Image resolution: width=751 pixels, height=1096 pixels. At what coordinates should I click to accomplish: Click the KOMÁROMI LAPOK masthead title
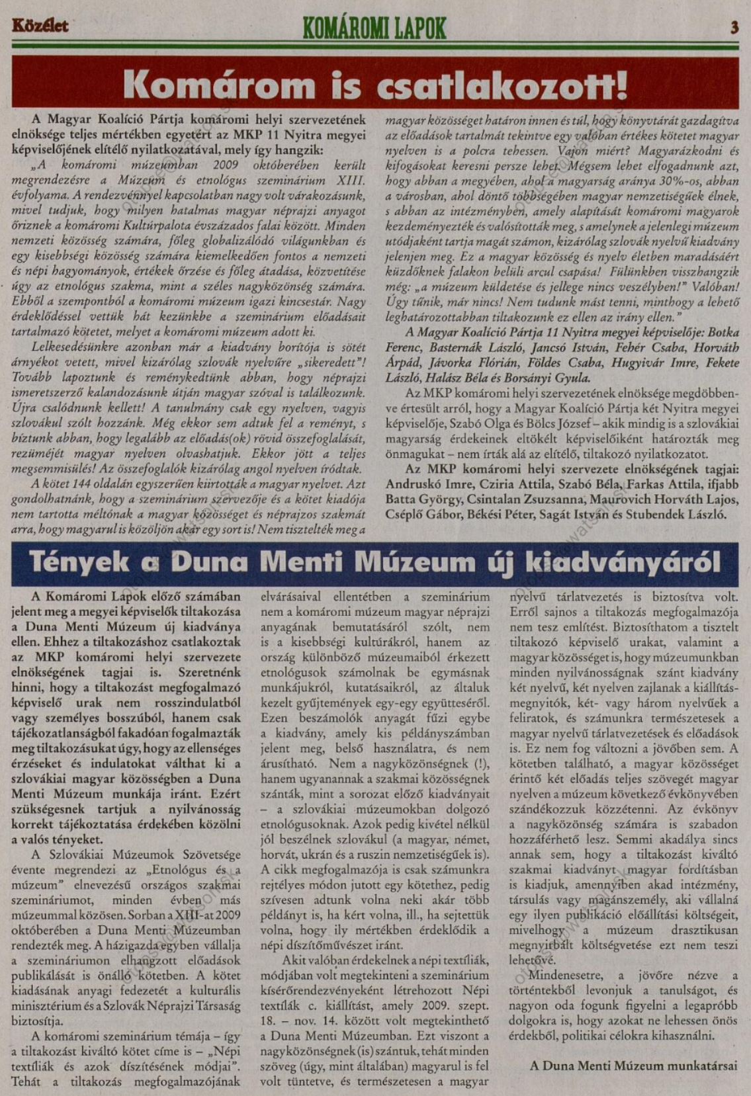[x=375, y=28]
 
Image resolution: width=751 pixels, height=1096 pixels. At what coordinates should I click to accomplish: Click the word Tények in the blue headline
[x=79, y=563]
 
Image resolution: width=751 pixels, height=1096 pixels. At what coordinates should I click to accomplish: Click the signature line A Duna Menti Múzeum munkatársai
[x=633, y=1066]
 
